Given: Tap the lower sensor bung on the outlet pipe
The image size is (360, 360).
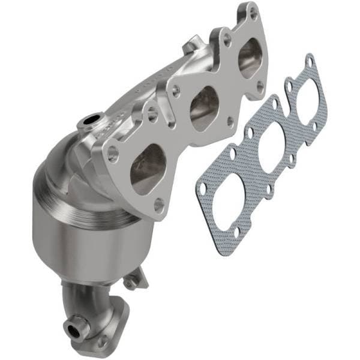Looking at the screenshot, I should pyautogui.click(x=74, y=328).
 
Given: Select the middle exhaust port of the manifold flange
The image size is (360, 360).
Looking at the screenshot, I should pyautogui.click(x=204, y=108).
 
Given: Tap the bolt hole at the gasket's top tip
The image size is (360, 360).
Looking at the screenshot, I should pyautogui.click(x=310, y=61).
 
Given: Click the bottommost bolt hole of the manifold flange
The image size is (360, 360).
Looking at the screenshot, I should pyautogui.click(x=158, y=205).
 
